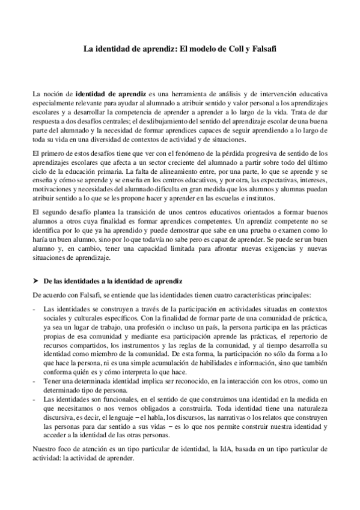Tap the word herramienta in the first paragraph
point(186,94)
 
